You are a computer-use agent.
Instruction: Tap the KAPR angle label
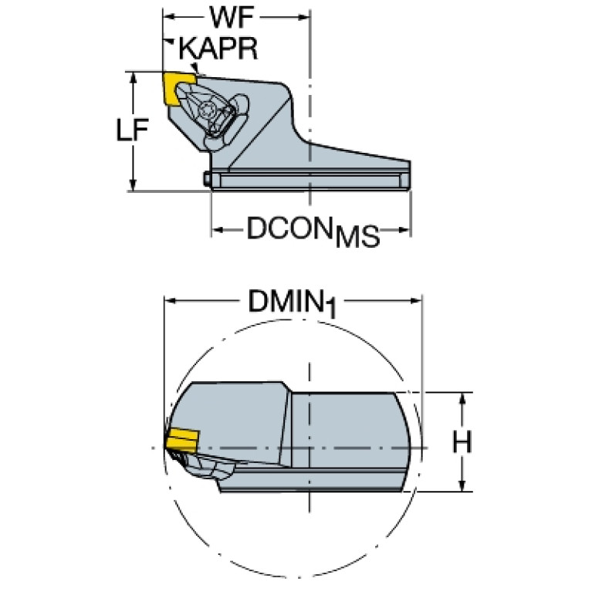click(218, 49)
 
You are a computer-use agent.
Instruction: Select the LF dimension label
click(132, 130)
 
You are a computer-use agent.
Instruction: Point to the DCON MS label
click(313, 232)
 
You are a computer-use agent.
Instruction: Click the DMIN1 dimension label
click(293, 303)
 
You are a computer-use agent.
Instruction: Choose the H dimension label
click(462, 442)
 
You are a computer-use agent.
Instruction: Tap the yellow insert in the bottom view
click(182, 440)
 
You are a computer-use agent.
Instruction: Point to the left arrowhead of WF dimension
click(169, 17)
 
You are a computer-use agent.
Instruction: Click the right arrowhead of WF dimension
click(304, 17)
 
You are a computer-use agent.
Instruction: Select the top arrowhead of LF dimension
click(133, 78)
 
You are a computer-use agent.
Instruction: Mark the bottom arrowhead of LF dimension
click(133, 185)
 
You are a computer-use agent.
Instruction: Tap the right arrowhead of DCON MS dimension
click(404, 229)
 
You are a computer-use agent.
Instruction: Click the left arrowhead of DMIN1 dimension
click(171, 301)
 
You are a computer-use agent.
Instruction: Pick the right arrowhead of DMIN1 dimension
click(416, 301)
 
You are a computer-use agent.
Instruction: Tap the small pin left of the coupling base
click(208, 179)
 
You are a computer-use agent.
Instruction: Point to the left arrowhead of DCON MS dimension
click(218, 229)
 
